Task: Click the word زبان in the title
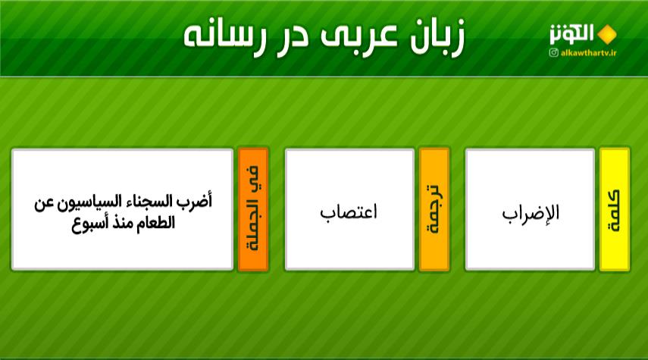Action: [437, 36]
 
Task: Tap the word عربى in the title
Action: [358, 35]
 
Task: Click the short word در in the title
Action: [292, 38]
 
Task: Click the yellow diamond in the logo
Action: [606, 34]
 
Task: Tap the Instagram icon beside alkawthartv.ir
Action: [554, 52]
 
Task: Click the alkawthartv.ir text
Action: [588, 52]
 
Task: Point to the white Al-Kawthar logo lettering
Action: [571, 34]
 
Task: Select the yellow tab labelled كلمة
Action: [615, 209]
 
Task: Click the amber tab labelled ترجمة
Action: [434, 209]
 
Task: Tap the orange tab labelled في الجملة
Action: [253, 209]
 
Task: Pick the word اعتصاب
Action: [349, 212]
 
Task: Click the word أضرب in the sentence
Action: [194, 202]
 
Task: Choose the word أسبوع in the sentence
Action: [90, 224]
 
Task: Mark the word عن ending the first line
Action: [44, 204]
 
